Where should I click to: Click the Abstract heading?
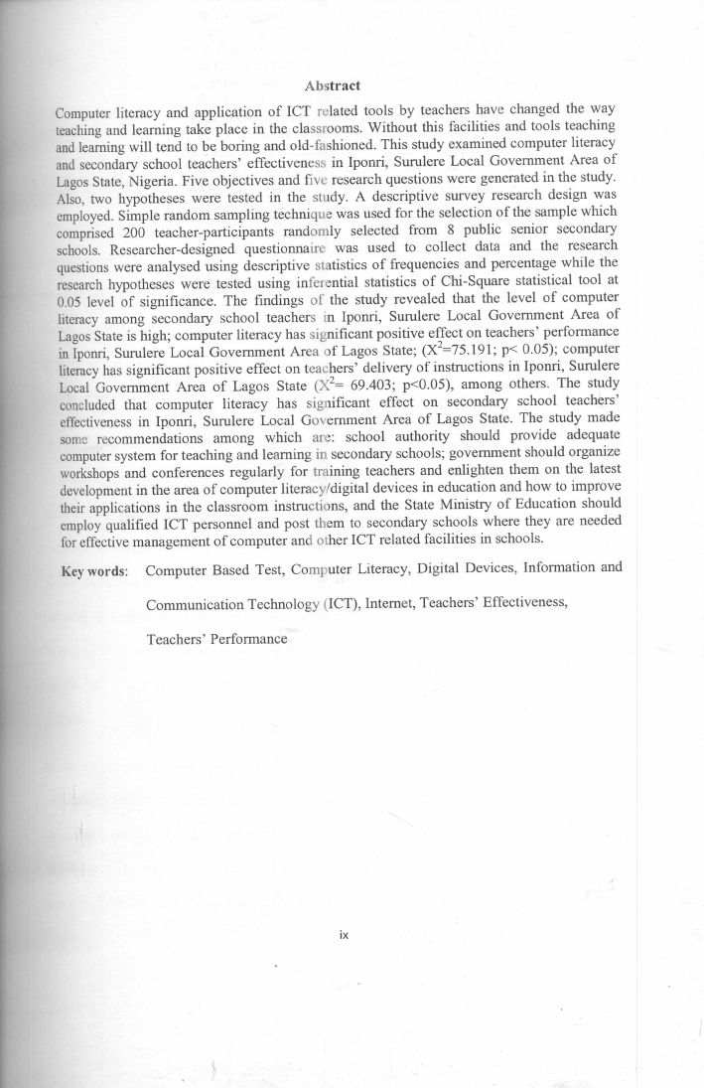coord(332,86)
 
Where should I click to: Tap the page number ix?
coord(344,934)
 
